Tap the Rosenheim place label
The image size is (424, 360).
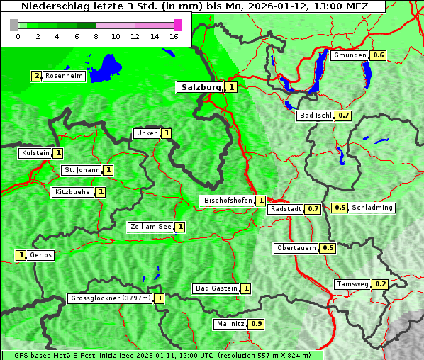pyautogui.click(x=63, y=76)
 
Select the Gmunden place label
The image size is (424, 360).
pyautogui.click(x=350, y=55)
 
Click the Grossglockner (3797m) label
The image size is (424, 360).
pyautogui.click(x=111, y=298)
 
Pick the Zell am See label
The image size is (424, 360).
pyautogui.click(x=151, y=227)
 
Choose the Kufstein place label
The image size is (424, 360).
pyautogui.click(x=35, y=153)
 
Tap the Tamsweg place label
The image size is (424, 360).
pyautogui.click(x=352, y=284)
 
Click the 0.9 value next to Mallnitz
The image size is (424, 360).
pyautogui.click(x=257, y=324)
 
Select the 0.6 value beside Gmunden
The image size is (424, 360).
pyautogui.click(x=379, y=55)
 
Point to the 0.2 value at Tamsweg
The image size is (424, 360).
pyautogui.click(x=381, y=284)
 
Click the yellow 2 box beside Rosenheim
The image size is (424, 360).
pyautogui.click(x=35, y=76)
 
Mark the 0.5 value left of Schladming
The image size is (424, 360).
pyautogui.click(x=340, y=208)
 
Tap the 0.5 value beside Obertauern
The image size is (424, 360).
pyautogui.click(x=328, y=248)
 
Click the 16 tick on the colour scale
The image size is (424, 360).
pyautogui.click(x=174, y=36)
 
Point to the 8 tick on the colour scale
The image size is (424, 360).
pyautogui.click(x=96, y=36)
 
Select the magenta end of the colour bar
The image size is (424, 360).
pyautogui.click(x=177, y=25)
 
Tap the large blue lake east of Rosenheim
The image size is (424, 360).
pyautogui.click(x=106, y=65)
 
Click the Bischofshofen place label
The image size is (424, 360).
pyautogui.click(x=228, y=201)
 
